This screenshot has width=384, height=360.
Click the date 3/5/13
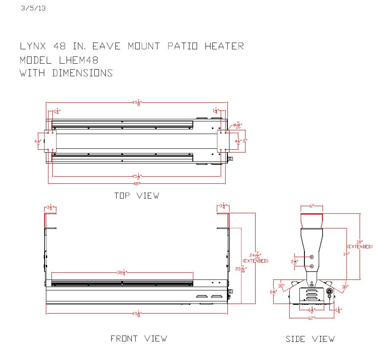tap(33, 8)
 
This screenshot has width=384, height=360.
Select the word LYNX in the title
tap(33, 46)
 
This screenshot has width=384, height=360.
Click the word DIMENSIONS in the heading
tap(83, 73)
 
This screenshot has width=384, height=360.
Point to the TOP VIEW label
tap(137, 196)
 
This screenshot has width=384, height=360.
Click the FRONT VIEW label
tap(139, 339)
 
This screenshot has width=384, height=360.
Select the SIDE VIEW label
tap(310, 339)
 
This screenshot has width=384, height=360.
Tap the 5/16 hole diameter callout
tap(238, 125)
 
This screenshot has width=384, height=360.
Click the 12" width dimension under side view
tap(312, 318)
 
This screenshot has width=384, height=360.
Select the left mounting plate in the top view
tap(50, 141)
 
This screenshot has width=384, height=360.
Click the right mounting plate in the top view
tap(223, 141)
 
